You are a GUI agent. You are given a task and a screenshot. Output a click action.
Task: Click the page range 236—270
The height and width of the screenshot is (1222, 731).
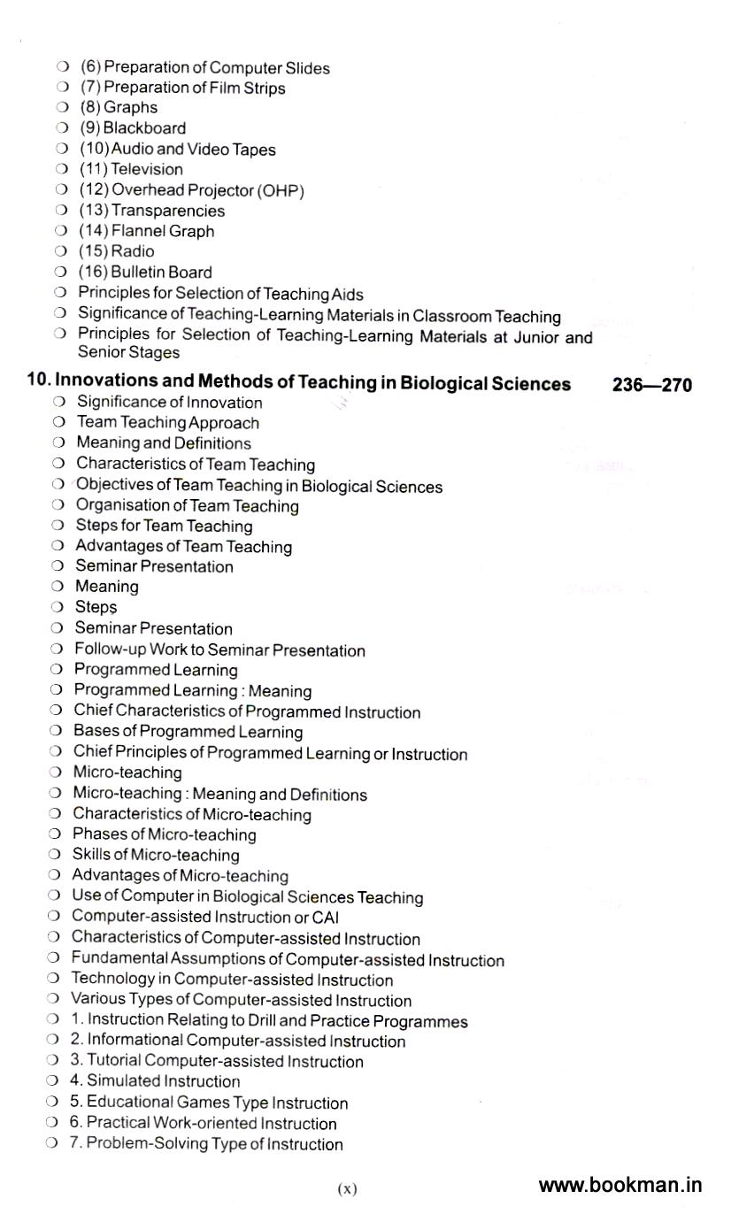[651, 385]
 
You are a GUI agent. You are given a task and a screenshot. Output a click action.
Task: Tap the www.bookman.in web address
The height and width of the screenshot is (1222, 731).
[619, 1185]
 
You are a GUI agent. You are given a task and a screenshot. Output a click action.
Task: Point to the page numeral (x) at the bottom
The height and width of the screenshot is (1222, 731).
[347, 1189]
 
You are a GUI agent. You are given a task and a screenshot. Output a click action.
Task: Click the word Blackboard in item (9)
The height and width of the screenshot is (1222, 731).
[144, 128]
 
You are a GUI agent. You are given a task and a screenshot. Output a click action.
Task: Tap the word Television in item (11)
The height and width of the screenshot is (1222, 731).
[147, 169]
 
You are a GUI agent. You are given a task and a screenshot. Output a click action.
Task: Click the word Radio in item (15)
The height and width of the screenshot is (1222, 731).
[133, 251]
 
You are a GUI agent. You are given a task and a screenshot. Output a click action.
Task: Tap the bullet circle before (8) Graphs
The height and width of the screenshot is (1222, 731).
[62, 108]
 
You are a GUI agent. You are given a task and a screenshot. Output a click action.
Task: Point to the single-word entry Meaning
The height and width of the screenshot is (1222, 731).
[107, 587]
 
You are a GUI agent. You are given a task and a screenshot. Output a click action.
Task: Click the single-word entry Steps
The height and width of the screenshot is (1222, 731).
[96, 608]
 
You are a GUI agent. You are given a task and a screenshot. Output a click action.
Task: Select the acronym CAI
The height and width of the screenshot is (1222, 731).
[326, 918]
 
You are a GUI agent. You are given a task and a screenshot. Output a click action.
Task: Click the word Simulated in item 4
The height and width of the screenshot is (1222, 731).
[122, 1081]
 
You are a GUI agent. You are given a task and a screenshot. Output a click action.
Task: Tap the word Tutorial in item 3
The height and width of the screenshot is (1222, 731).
[114, 1061]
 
